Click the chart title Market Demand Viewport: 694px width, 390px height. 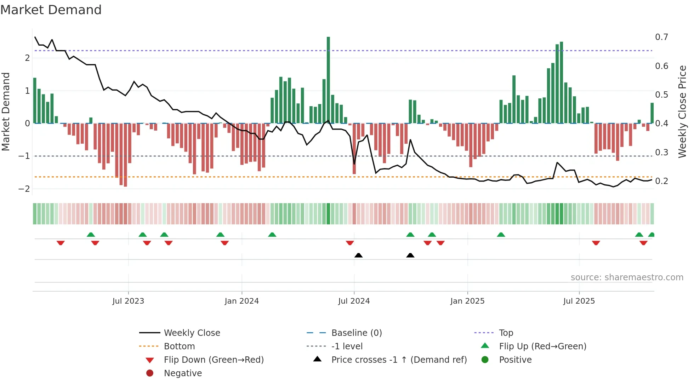tap(51, 10)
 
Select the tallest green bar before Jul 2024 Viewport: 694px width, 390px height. tap(328, 80)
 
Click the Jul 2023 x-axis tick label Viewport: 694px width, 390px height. tap(128, 301)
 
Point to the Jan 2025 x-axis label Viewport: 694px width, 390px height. tap(467, 301)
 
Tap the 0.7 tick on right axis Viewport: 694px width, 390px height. tap(661, 37)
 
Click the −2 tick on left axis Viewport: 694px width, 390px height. tap(24, 189)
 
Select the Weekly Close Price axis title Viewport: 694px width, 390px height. tap(682, 111)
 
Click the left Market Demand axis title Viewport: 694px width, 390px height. tap(6, 111)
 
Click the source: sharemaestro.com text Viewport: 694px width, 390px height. tap(627, 277)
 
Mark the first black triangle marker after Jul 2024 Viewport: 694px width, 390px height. tap(358, 256)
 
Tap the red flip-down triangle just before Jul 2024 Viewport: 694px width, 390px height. tap(350, 243)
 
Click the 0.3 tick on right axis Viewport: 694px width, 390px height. tap(661, 152)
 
